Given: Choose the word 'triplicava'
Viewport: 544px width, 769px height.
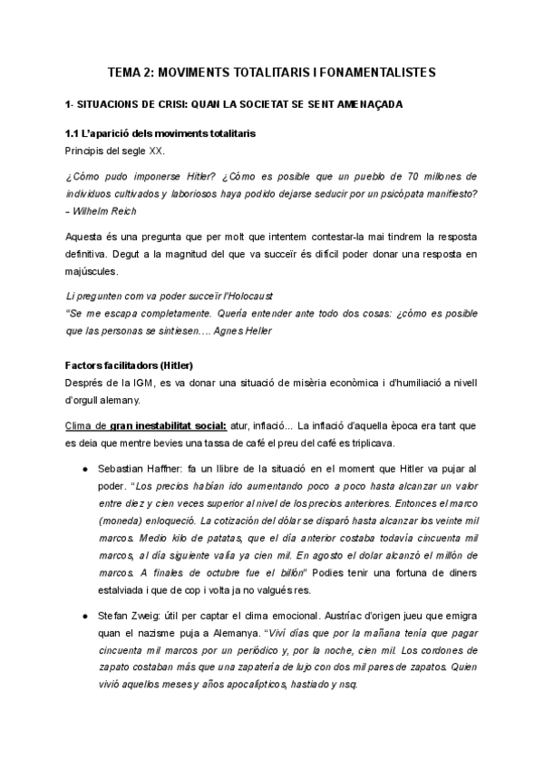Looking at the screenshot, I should click(419, 442).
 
